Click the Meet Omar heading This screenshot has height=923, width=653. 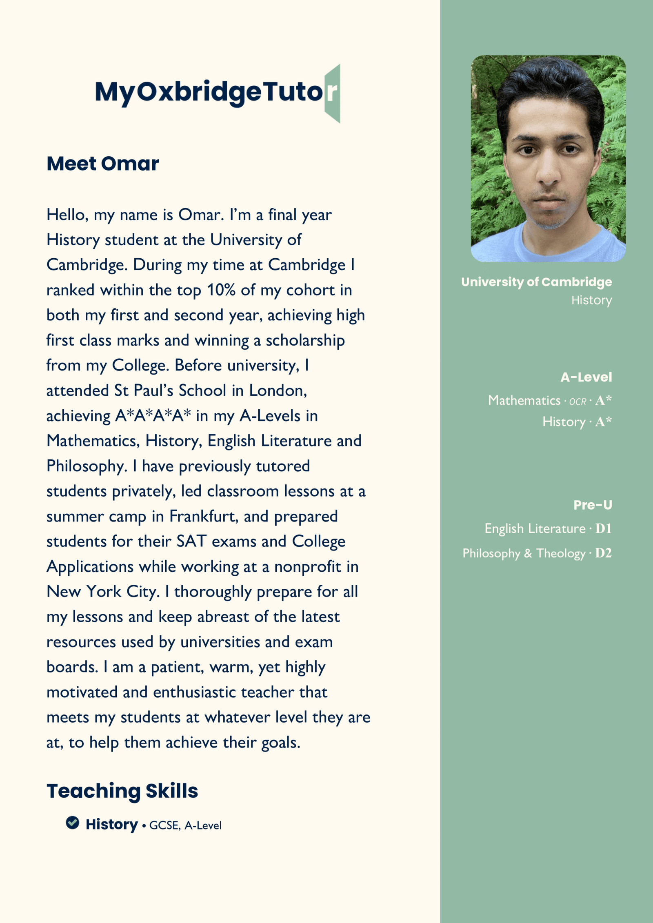102,164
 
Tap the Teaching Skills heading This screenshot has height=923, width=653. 122,791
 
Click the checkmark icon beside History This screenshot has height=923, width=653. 72,823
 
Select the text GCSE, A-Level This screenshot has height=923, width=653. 185,825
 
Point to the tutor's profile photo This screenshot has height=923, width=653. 548,158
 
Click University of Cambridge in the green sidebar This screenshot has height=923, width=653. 536,282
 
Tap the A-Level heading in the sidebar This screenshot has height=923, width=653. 586,377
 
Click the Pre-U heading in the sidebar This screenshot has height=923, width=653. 593,505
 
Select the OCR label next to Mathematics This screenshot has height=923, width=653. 577,402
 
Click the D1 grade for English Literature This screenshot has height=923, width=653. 603,528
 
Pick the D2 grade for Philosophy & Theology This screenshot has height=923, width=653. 603,553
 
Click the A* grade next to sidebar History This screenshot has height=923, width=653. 603,422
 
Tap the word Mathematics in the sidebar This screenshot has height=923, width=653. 524,400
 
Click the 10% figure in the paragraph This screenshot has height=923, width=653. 221,290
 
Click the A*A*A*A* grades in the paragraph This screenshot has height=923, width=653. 153,416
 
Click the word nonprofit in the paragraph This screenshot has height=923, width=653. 307,567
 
